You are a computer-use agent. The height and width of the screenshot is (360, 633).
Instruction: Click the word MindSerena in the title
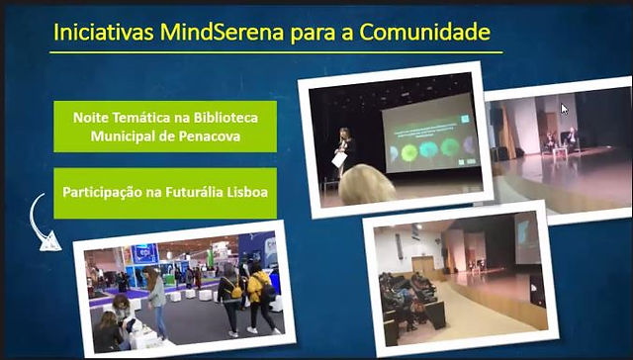tap(222, 32)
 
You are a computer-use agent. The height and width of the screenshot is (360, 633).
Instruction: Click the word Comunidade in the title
tap(424, 32)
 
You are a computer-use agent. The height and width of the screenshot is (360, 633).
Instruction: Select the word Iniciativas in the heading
tap(103, 32)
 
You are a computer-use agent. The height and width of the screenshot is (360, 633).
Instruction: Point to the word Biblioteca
tap(226, 118)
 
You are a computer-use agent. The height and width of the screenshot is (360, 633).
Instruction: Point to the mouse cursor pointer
tap(564, 109)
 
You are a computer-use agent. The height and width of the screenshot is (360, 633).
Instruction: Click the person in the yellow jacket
tap(260, 298)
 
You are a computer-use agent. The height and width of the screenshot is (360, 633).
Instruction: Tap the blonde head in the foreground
tap(366, 185)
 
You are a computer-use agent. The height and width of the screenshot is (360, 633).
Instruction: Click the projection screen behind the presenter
tap(430, 133)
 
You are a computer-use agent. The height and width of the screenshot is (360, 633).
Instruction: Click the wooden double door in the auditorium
tap(423, 267)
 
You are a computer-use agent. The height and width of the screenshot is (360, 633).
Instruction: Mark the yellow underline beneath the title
tap(276, 52)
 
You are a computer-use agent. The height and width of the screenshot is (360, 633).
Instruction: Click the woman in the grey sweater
tap(154, 302)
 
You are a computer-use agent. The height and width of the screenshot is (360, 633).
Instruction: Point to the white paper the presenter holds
tap(339, 159)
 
